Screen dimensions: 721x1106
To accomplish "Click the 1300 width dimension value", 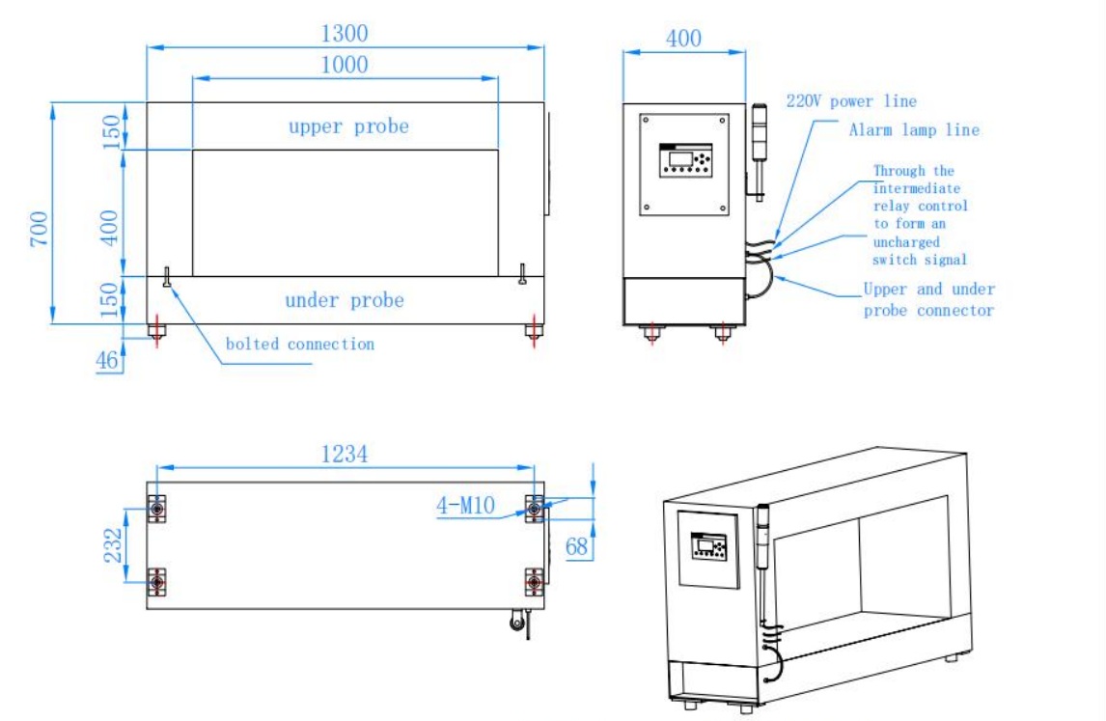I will click(x=344, y=34).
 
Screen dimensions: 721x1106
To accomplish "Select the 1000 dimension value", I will click(x=345, y=65).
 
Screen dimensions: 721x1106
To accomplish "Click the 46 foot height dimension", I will click(x=106, y=361).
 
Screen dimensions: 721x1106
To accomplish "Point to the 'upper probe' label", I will click(x=347, y=126).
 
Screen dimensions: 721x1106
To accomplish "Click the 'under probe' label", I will click(x=344, y=300).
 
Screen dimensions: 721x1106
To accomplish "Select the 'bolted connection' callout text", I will click(x=299, y=344).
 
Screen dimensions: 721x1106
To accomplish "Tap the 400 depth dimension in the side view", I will click(x=683, y=39).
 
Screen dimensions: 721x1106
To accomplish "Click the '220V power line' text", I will click(x=851, y=101).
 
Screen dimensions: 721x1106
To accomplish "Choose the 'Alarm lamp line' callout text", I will click(x=913, y=130).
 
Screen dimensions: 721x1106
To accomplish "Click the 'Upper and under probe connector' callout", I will click(x=927, y=299).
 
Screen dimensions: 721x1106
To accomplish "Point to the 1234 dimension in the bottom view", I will click(x=344, y=454).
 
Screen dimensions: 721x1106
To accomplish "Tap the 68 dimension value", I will click(x=577, y=547).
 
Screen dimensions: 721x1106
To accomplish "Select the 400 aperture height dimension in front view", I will click(x=112, y=227).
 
